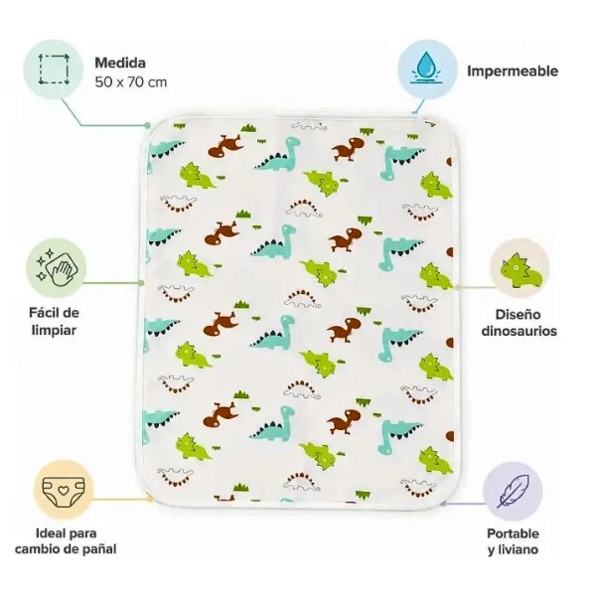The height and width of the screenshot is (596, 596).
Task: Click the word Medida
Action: pyautogui.click(x=120, y=63)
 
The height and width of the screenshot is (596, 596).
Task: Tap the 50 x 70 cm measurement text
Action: pyautogui.click(x=131, y=82)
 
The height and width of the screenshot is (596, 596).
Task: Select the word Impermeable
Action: pyautogui.click(x=513, y=72)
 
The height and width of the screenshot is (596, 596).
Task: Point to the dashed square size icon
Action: pyautogui.click(x=54, y=70)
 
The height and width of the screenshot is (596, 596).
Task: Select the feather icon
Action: pyautogui.click(x=513, y=491)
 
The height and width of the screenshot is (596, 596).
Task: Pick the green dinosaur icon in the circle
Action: pyautogui.click(x=521, y=269)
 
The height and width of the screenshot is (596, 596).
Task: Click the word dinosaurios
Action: pyautogui.click(x=519, y=331)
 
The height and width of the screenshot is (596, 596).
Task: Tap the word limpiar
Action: pyautogui.click(x=54, y=330)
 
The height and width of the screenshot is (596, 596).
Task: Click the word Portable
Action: pyautogui.click(x=513, y=533)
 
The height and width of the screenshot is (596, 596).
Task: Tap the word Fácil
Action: pyautogui.click(x=43, y=313)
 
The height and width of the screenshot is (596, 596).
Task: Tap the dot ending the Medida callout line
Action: pyautogui.click(x=147, y=125)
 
